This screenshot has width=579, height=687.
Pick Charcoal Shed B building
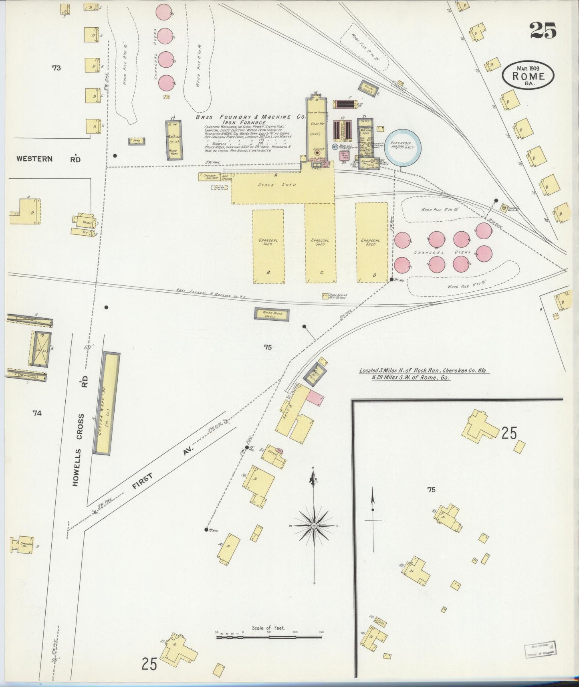coord(268,246)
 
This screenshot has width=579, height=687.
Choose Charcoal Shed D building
coord(371,242)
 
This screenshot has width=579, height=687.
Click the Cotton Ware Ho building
coord(106,403)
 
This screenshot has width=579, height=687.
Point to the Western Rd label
coord(48,159)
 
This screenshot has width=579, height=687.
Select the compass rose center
coord(314,525)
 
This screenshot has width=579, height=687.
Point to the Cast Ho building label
coord(317,124)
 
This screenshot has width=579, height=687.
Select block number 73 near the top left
coord(56,68)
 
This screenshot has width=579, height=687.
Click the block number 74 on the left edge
coord(37,413)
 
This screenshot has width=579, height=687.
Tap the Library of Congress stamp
coord(540,649)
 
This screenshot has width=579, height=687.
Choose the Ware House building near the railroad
coord(271,314)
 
